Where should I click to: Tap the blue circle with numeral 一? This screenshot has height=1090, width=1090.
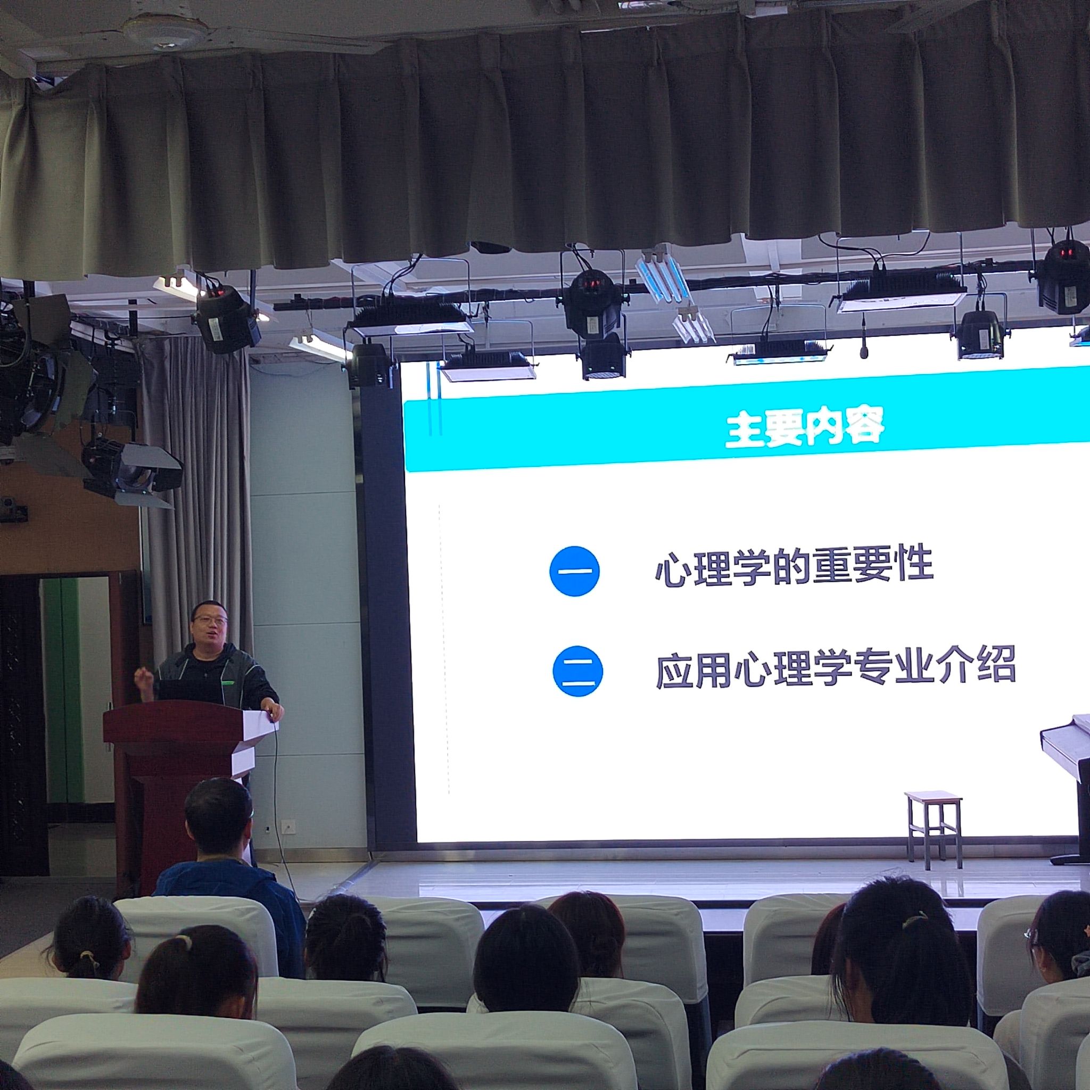574,571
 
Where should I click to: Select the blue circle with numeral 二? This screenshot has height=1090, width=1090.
577,671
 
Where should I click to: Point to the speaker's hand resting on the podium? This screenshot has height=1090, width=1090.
274,711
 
